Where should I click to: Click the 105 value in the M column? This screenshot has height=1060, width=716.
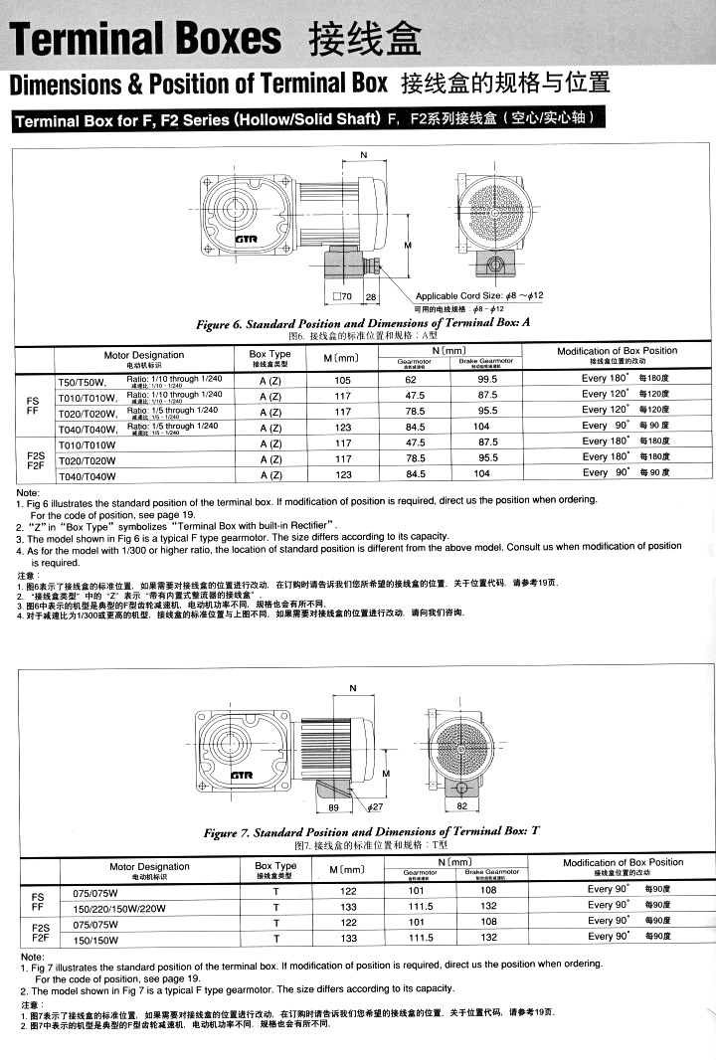pyautogui.click(x=343, y=380)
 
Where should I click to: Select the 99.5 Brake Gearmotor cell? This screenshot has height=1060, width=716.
pyautogui.click(x=487, y=380)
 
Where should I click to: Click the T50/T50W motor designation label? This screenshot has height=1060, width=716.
pyautogui.click(x=81, y=381)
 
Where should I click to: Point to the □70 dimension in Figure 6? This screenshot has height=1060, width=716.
pyautogui.click(x=342, y=297)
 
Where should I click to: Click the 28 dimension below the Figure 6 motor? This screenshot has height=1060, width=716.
pyautogui.click(x=371, y=297)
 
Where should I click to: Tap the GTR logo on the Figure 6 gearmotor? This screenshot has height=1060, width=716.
pyautogui.click(x=246, y=240)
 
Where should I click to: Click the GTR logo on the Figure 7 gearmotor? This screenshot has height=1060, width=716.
pyautogui.click(x=241, y=776)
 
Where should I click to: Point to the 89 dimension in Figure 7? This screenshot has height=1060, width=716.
pyautogui.click(x=334, y=807)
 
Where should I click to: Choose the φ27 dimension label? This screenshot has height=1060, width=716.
pyautogui.click(x=374, y=807)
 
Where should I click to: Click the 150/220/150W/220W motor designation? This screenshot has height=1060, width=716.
pyautogui.click(x=115, y=907)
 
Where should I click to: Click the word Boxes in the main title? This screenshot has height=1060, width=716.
pyautogui.click(x=231, y=39)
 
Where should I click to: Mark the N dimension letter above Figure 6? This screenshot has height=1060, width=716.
pyautogui.click(x=362, y=155)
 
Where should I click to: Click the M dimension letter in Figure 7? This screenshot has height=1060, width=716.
pyautogui.click(x=385, y=773)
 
